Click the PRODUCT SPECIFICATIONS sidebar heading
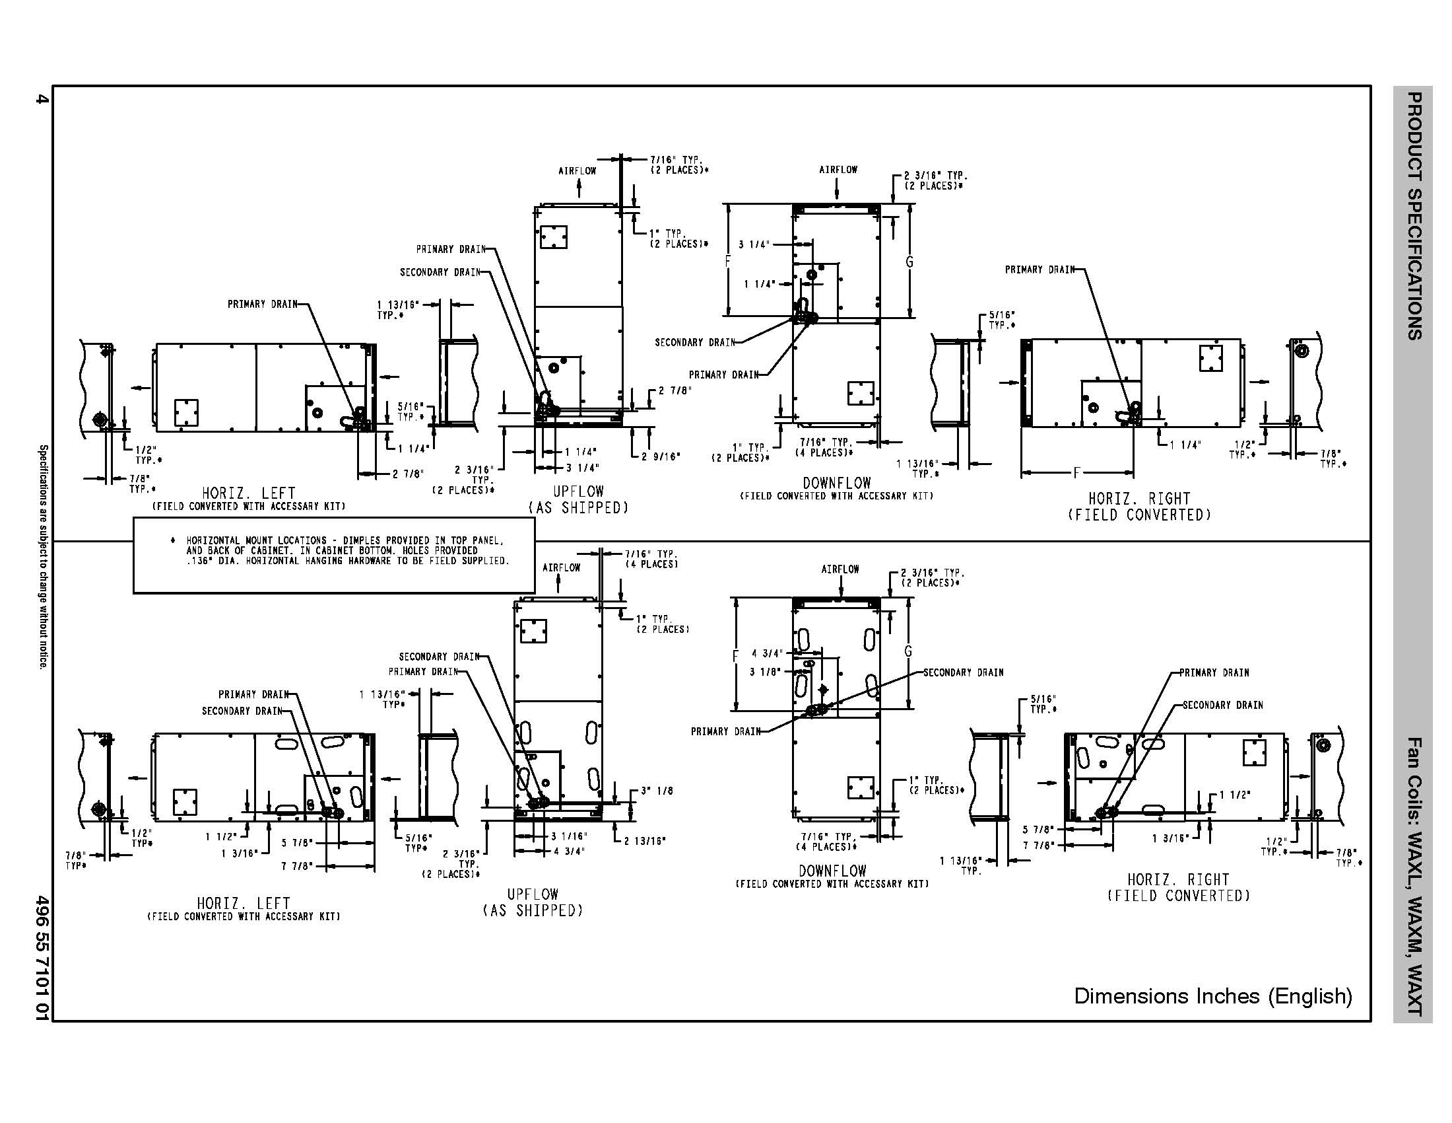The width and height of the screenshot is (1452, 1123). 1414,216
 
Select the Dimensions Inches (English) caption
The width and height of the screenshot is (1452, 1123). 1213,997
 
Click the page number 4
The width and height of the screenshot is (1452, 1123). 42,100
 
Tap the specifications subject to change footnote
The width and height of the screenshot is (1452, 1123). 42,557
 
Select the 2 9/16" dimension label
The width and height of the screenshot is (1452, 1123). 661,456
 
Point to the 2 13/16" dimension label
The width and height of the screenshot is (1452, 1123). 644,841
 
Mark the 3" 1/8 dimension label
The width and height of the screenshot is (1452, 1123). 657,791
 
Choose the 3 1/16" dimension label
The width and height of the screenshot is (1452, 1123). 569,836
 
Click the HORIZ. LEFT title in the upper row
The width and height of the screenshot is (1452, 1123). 249,493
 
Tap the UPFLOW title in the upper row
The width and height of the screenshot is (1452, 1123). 578,491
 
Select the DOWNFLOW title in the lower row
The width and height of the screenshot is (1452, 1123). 832,871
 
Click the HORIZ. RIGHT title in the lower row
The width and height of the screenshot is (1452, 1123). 1178,879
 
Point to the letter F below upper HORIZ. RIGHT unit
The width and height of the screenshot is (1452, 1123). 1076,473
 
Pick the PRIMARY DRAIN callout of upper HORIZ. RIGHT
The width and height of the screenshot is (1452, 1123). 1039,270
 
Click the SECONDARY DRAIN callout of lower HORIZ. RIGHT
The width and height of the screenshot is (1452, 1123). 1222,706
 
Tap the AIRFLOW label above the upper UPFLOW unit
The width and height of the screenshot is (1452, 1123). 577,171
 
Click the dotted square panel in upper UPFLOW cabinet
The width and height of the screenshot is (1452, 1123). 553,236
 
